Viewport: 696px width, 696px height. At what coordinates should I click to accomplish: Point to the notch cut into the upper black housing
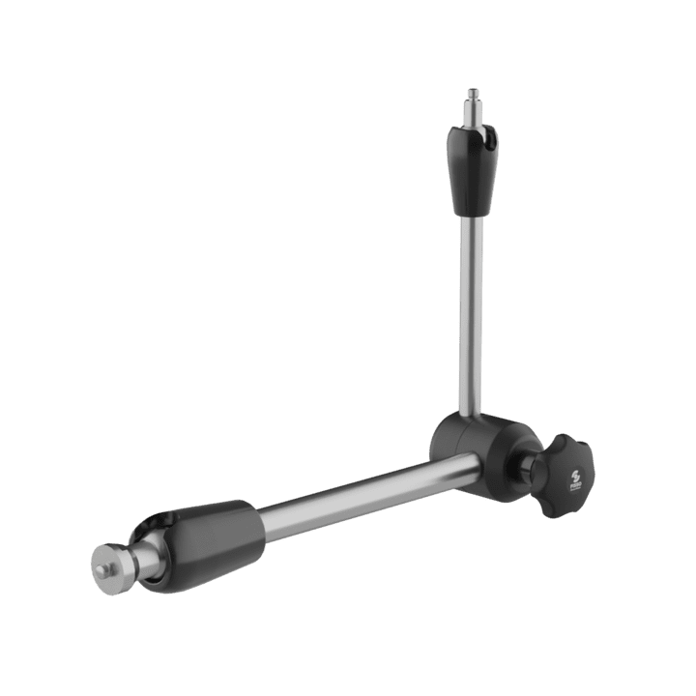491,143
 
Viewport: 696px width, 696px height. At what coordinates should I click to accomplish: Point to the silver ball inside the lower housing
147,551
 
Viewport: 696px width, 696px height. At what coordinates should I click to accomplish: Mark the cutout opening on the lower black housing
155,528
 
